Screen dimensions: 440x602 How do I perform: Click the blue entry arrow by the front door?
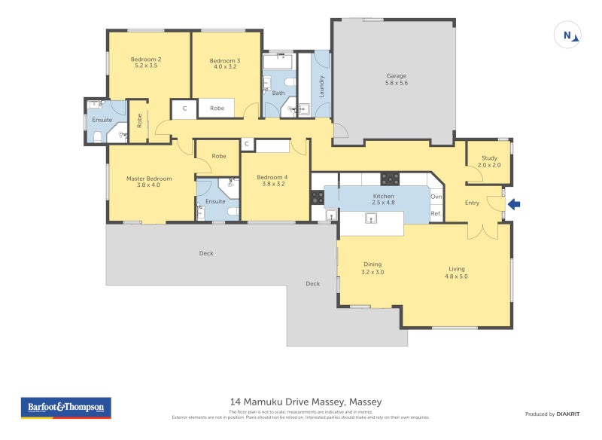(514, 203)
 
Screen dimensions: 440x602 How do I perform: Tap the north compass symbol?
(568, 35)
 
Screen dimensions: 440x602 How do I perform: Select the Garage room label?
(397, 80)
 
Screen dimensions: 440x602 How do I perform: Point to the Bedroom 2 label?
(146, 63)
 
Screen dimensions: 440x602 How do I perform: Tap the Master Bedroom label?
(149, 182)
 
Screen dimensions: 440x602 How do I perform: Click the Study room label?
(489, 161)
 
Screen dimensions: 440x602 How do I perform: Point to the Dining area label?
(372, 268)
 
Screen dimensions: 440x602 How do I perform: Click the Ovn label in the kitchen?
(435, 197)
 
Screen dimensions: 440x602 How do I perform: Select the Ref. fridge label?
(435, 214)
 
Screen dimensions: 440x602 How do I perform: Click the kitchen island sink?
(371, 218)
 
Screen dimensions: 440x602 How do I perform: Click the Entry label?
(472, 203)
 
